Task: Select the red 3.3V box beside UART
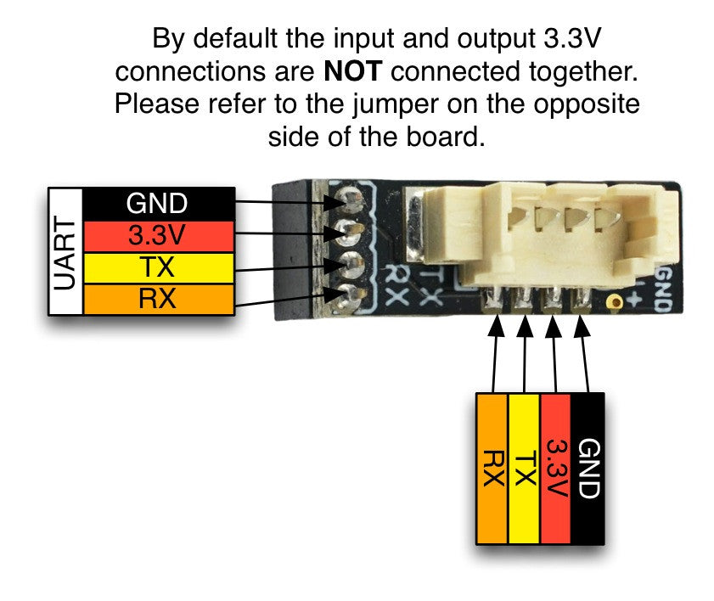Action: [159, 235]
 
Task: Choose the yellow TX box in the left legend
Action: [159, 267]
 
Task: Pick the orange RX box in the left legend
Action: [159, 299]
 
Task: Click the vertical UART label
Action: [65, 252]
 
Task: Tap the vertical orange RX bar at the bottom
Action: [492, 468]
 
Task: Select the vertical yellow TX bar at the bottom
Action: [523, 468]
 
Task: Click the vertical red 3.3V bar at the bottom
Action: [555, 468]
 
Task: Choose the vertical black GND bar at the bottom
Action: [588, 468]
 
